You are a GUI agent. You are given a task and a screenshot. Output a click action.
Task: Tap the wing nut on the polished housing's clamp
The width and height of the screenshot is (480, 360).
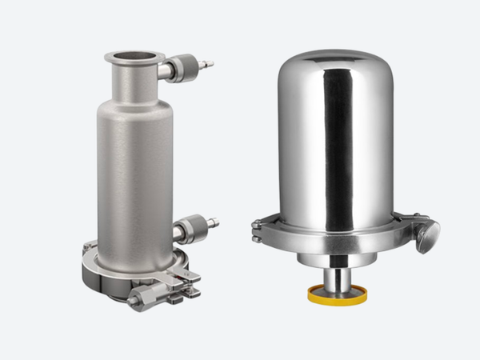click(x=427, y=237)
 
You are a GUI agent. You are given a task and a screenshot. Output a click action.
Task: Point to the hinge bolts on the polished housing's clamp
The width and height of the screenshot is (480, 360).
click(x=257, y=231)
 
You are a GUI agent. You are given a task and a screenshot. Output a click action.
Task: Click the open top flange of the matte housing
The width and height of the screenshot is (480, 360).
click(x=134, y=57)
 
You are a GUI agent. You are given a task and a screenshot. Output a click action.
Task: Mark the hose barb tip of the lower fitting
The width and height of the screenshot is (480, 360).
click(x=213, y=222)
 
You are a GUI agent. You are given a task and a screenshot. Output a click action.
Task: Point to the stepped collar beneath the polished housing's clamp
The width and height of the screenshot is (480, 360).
click(x=336, y=258)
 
